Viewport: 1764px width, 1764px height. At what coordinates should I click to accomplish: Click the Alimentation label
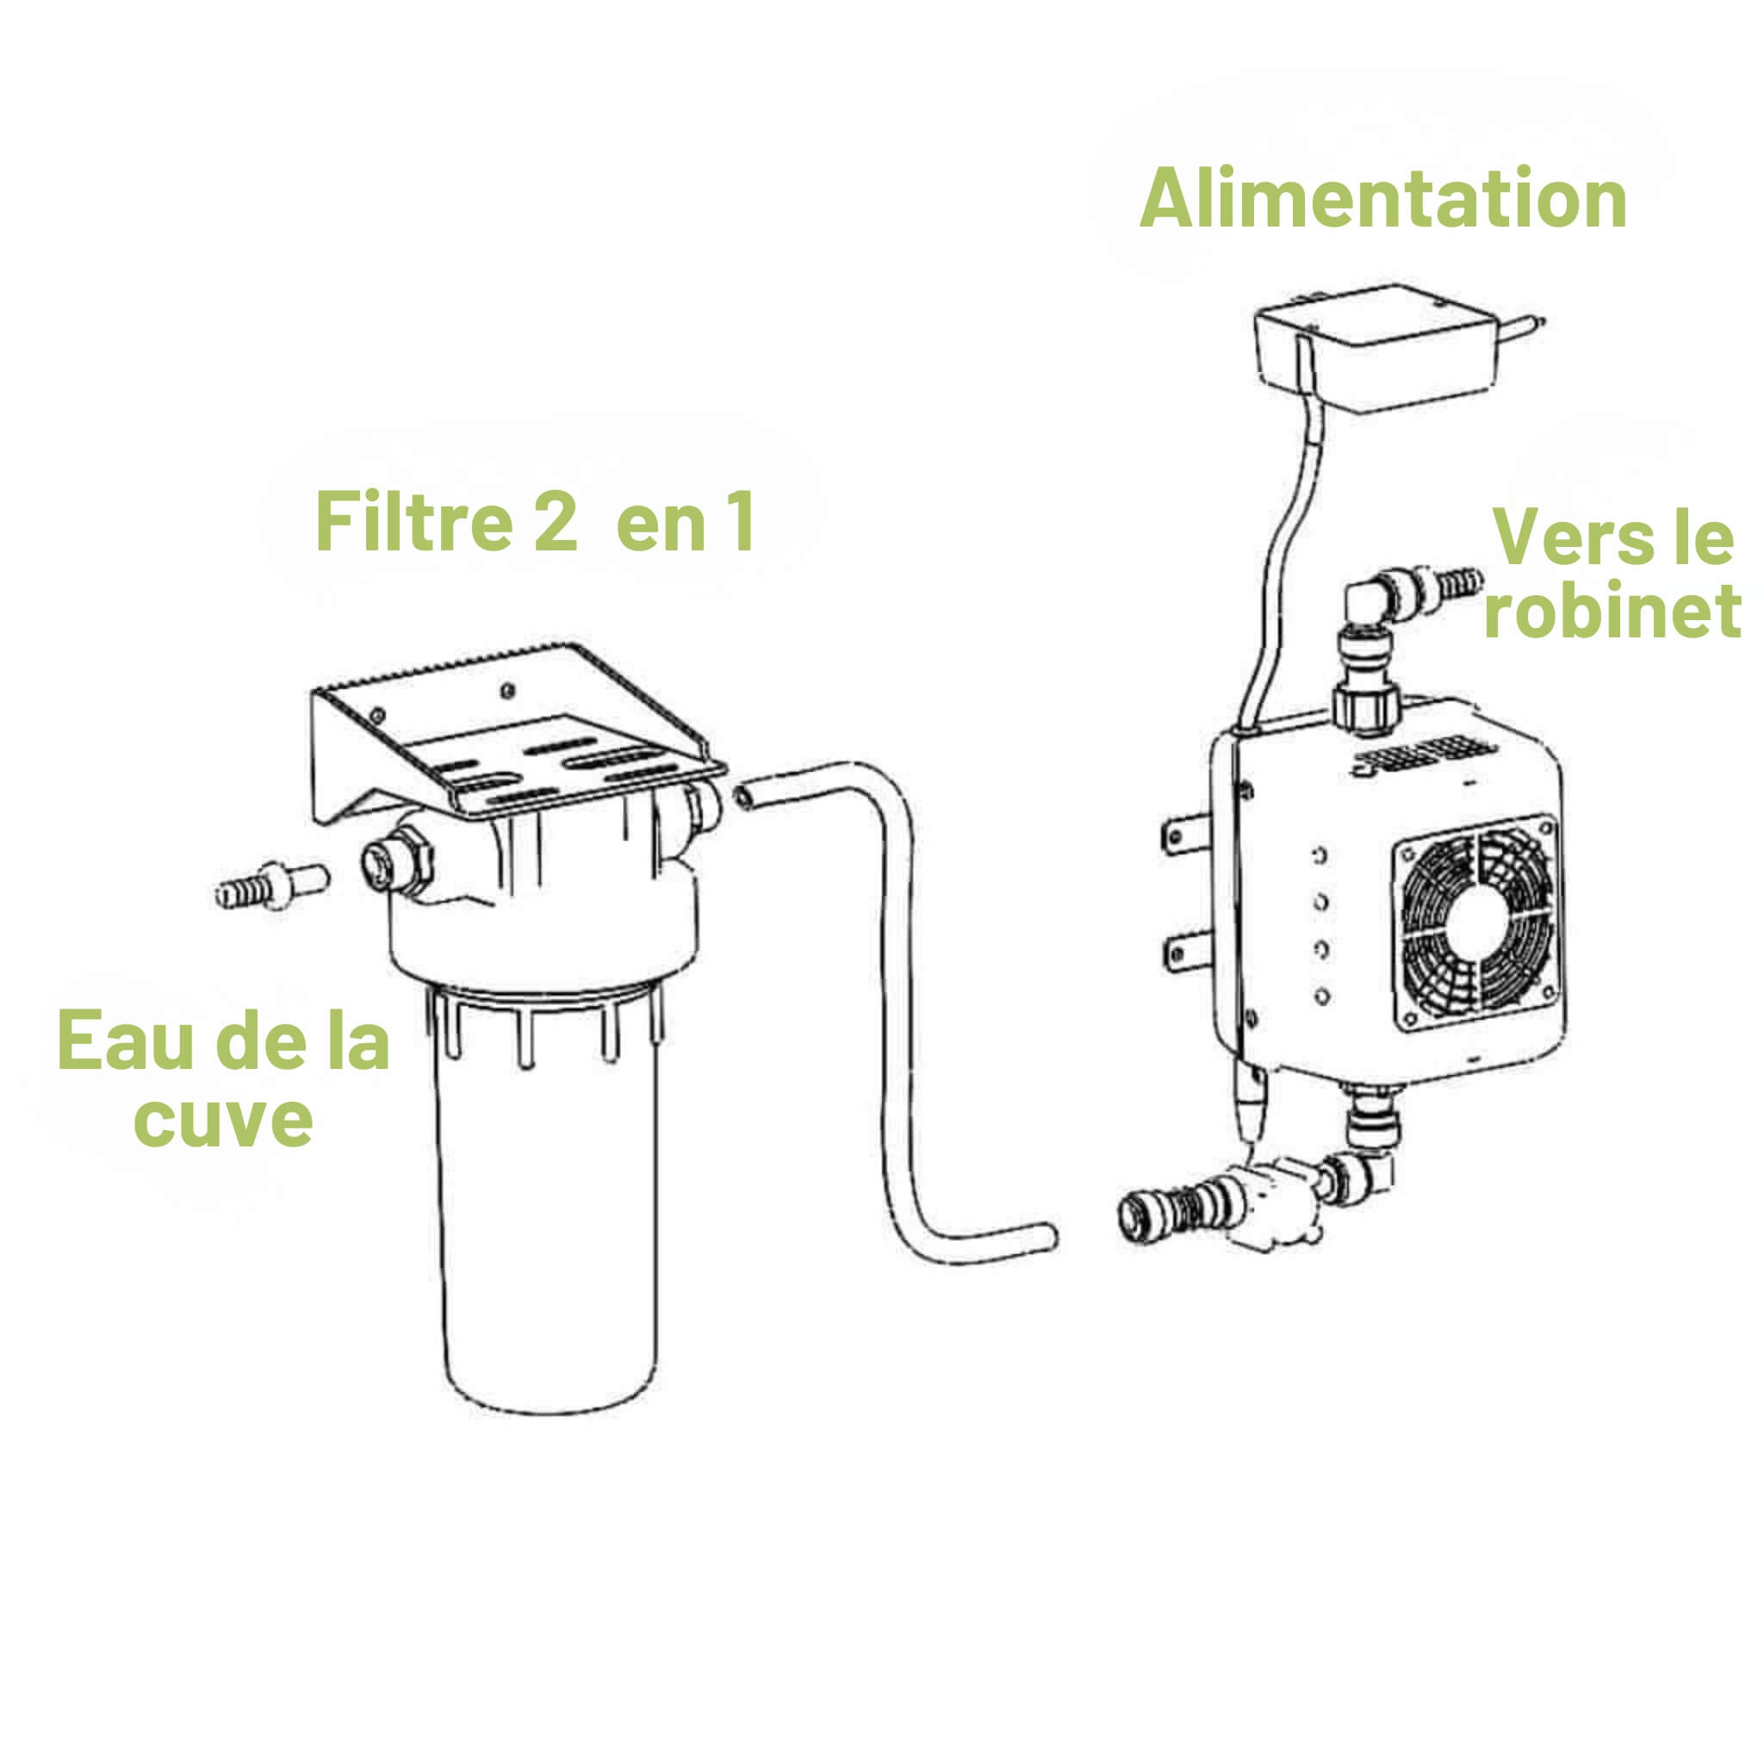(x=1382, y=199)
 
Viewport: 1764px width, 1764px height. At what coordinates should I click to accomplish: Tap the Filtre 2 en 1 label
(x=534, y=521)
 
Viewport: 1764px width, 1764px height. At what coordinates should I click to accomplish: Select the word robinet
(x=1612, y=610)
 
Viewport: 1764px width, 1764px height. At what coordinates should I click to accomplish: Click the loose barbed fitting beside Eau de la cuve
(x=271, y=884)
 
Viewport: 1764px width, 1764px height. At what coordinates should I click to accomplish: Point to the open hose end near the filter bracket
(x=747, y=794)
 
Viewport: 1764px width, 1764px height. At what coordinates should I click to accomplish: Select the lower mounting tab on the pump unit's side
(x=1184, y=954)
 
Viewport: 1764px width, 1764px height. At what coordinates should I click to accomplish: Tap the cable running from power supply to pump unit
(x=1278, y=566)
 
